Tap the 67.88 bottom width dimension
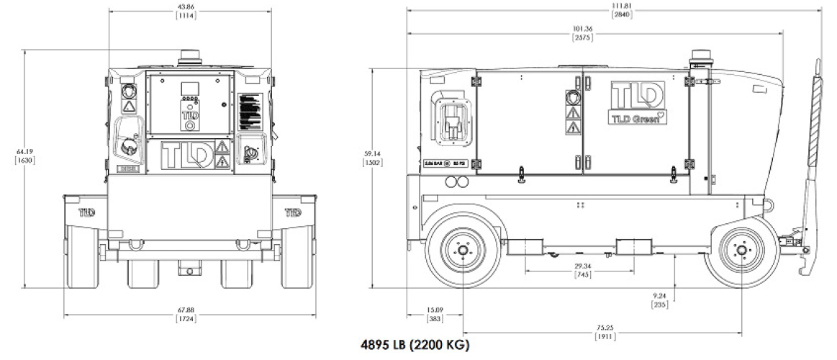[x=188, y=310]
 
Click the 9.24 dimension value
[x=660, y=295]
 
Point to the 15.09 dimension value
[x=434, y=311]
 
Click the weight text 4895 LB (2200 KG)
[x=415, y=345]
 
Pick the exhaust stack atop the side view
[x=700, y=59]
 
